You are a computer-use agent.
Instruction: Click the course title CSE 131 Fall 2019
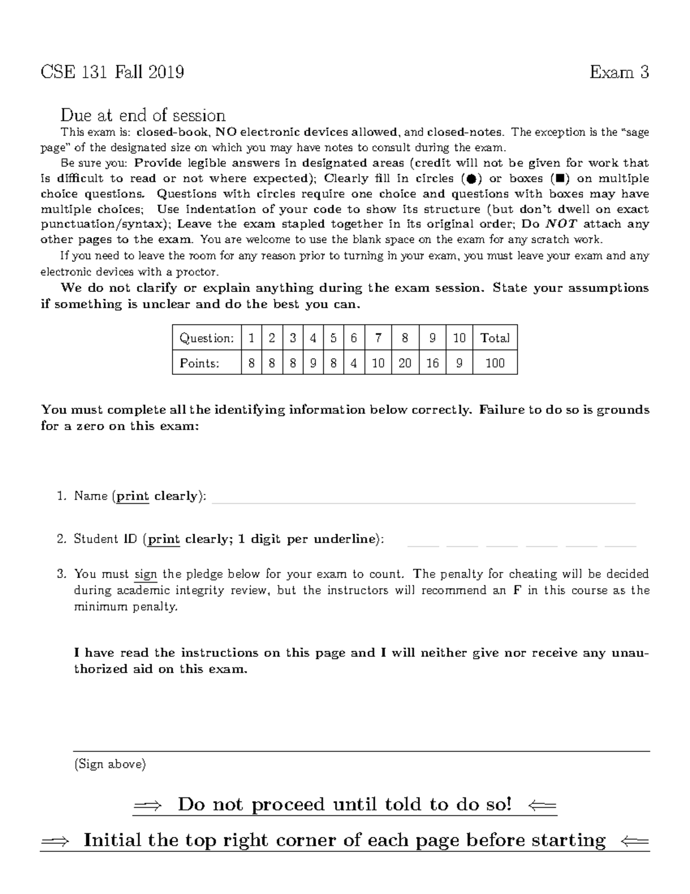[112, 73]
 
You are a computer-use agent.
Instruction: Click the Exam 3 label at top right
[619, 73]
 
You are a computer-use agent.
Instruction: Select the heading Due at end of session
[143, 115]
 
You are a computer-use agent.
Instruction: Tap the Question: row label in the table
[206, 338]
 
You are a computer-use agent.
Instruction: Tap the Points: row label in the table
[199, 363]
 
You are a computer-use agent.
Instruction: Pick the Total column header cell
[494, 338]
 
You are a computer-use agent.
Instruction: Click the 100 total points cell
[494, 363]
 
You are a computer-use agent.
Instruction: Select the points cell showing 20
[405, 363]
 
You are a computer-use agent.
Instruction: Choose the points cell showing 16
[432, 363]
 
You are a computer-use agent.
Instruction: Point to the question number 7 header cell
[378, 338]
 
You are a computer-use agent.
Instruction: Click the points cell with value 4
[354, 363]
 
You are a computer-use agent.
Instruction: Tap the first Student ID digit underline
[423, 545]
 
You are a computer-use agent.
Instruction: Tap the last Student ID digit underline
[620, 545]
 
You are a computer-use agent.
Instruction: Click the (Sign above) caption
[110, 764]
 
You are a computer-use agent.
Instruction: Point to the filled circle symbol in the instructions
[470, 179]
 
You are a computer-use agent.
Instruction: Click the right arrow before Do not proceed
[148, 806]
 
